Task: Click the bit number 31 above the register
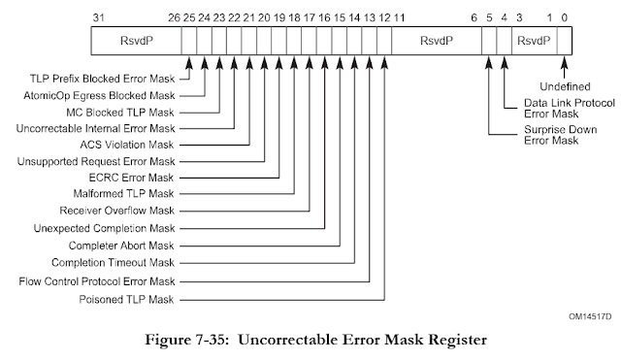(95, 18)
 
